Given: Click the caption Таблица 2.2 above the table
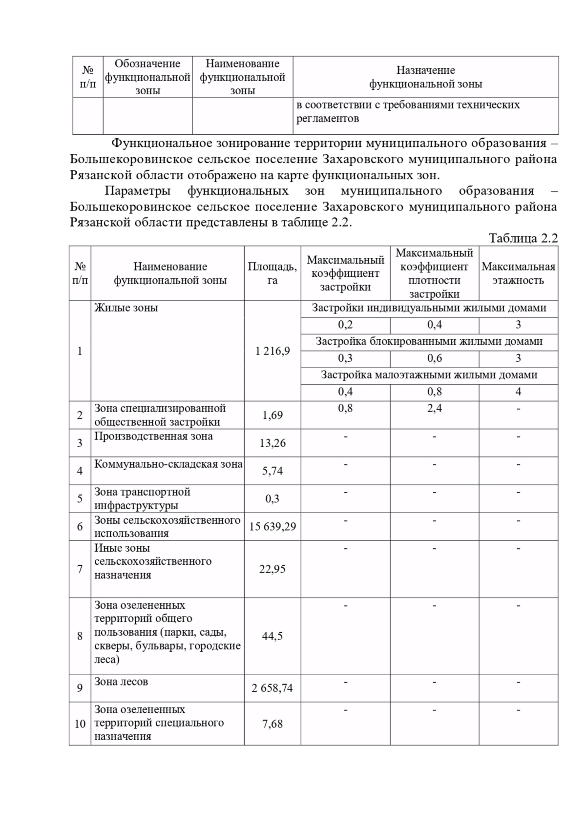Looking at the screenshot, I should pos(523,238).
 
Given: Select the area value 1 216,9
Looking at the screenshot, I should pos(272,351).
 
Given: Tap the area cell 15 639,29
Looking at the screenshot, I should pos(272,527).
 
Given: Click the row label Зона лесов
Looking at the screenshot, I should pos(121,682).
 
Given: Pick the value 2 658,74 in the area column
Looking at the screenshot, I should pos(272,688).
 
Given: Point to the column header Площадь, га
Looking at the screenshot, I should pos(272,273).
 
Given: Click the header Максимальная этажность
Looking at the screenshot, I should pos(518,273).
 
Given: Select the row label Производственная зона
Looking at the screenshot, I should pos(153,436).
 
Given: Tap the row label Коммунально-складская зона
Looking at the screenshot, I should pos(168,464).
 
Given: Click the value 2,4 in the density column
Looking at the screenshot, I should pos(434,409).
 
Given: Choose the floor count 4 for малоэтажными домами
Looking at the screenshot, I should pos(518,392).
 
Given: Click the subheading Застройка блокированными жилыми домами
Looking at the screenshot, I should pos(429,342).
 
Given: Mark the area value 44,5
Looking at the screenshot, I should pos(272,636).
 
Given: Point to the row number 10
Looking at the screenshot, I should pos(80,724).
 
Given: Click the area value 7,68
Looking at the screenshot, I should pos(272,724).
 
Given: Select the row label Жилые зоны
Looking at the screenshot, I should pos(126,308).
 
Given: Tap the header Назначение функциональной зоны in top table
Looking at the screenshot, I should pos(425,77).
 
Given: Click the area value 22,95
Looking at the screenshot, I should pos(272,569).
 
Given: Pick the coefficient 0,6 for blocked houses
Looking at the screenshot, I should pos(434,358).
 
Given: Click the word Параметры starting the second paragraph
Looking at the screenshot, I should pos(138,191).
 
